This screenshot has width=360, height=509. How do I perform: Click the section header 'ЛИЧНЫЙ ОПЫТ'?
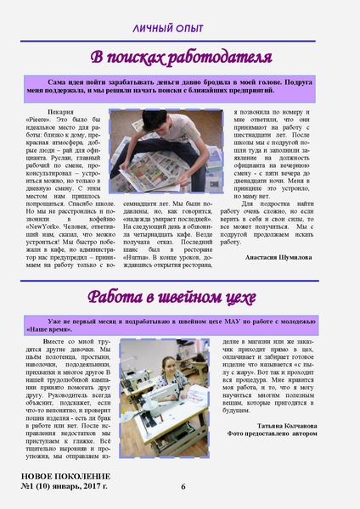pos(179,29)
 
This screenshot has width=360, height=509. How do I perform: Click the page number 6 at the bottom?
pos(183,486)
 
